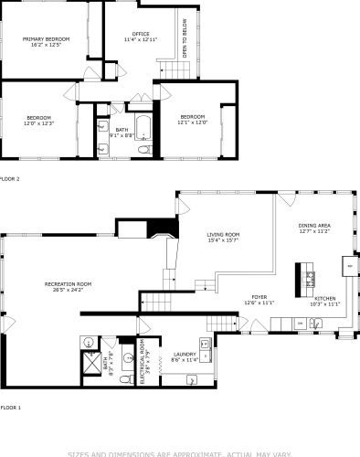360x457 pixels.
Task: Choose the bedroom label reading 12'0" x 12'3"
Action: tap(38, 120)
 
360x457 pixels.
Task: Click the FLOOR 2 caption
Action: tap(10, 179)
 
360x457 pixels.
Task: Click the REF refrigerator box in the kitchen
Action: tap(348, 266)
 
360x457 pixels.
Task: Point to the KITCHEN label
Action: tap(326, 301)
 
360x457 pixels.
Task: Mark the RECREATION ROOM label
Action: tap(69, 287)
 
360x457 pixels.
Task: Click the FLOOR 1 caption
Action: tap(10, 407)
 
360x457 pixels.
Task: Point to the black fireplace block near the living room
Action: tap(162, 228)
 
